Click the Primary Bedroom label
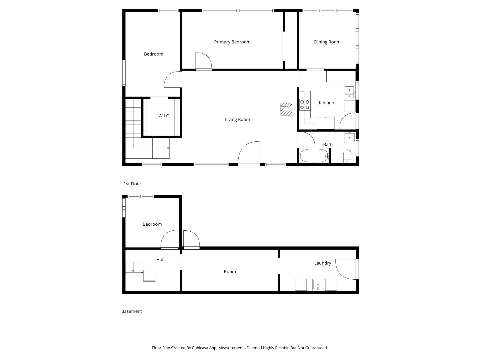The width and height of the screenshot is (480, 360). coord(232,42)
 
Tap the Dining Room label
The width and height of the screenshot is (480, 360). coord(327,42)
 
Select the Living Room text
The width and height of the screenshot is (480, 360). coord(237,119)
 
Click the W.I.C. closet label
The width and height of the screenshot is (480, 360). coord(164,116)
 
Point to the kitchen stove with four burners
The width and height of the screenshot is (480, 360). coord(305,105)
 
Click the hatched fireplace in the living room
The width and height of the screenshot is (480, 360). coord(286,109)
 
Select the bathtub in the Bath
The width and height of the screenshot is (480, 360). coord(314,156)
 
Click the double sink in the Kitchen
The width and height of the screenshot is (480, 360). coord(349,92)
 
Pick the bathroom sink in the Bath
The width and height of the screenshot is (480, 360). coord(350,137)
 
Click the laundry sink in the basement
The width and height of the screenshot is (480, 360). coord(318,285)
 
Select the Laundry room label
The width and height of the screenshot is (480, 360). coord(322,263)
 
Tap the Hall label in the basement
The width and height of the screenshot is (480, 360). coord(160,260)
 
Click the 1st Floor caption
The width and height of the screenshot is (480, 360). coord(132,184)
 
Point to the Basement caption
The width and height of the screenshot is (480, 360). coord(131,311)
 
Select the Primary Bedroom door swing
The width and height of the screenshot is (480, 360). coord(203,61)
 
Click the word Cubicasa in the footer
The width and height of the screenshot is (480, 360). coord(200,348)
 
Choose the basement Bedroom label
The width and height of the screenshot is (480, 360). coord(152,224)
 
